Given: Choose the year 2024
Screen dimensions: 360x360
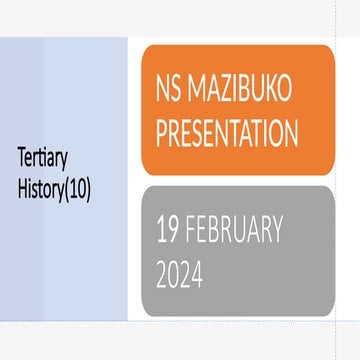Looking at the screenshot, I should click(x=180, y=273).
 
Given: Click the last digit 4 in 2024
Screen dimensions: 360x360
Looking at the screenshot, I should click(x=197, y=273).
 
